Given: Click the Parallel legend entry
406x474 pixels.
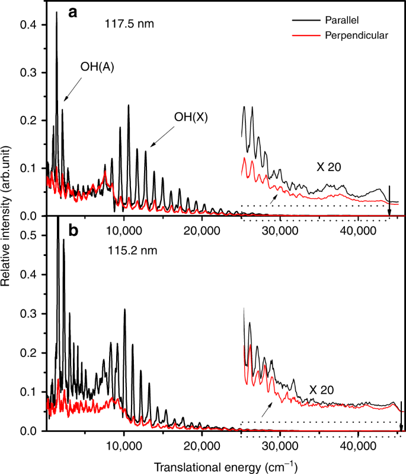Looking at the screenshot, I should pos(342,20).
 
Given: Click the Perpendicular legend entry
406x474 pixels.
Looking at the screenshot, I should pos(356,36).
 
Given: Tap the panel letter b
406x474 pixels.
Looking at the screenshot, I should pos(73,229).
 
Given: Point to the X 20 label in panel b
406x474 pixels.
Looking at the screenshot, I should pos(322,390).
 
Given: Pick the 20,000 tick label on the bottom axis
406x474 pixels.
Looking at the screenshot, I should pos(202,443).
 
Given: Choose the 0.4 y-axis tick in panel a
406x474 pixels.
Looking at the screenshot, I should pos(30,25).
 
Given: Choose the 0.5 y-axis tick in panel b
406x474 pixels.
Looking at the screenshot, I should pos(30,236).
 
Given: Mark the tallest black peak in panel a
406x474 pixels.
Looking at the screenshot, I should pos(57,13).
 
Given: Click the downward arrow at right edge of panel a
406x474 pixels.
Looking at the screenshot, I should pos(389,202).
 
